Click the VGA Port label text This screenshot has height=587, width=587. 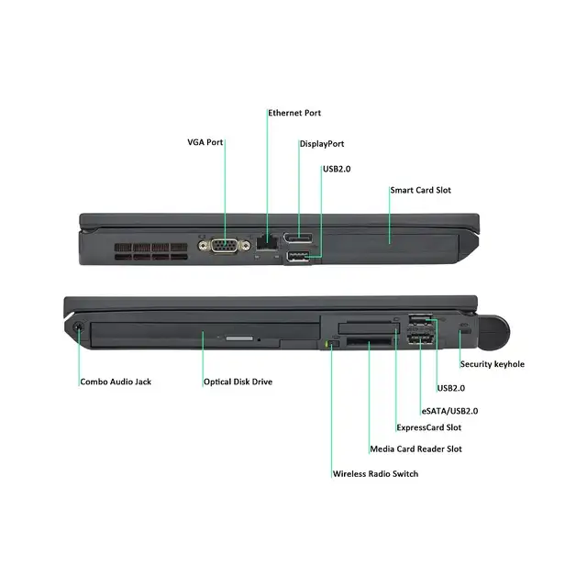[205, 142]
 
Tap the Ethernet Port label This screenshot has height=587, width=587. [294, 113]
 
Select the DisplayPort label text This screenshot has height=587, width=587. [322, 144]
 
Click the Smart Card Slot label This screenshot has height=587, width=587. [420, 190]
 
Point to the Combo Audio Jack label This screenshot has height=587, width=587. [116, 382]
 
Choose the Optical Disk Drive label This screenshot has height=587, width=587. [238, 382]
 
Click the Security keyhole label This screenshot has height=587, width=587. [492, 364]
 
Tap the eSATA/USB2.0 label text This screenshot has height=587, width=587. [449, 411]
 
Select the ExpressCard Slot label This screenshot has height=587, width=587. [428, 427]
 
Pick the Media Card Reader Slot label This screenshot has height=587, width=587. [415, 449]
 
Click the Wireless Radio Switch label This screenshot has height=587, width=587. [375, 474]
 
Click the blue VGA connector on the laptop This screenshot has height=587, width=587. [224, 246]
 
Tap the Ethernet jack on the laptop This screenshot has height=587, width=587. [267, 242]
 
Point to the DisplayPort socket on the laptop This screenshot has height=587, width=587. [297, 238]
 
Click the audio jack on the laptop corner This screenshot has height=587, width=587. [78, 327]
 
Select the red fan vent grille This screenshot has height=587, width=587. [150, 251]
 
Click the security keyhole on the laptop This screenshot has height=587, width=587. [465, 331]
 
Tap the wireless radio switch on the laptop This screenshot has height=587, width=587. [333, 344]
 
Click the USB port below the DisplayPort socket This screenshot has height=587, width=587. [298, 257]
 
